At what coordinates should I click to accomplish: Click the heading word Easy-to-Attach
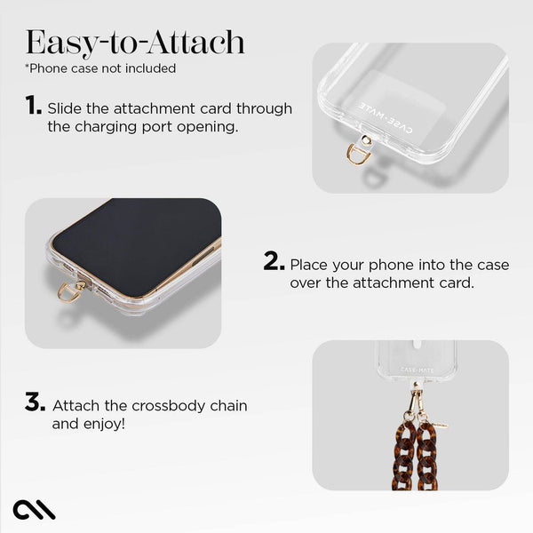click(x=135, y=42)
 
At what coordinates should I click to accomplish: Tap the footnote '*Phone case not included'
click(x=100, y=68)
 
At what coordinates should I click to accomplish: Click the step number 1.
click(x=34, y=107)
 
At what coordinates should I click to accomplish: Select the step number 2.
click(x=274, y=263)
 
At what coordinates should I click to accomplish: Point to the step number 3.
click(x=35, y=404)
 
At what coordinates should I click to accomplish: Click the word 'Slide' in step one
click(x=65, y=108)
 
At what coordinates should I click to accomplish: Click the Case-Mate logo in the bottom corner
click(x=35, y=510)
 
